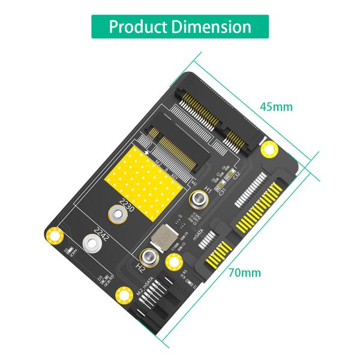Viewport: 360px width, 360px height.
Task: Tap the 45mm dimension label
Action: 276,107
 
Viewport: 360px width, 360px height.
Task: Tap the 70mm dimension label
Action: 245,272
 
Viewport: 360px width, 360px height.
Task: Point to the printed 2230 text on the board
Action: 127,206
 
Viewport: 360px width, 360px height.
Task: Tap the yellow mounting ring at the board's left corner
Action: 54,234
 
